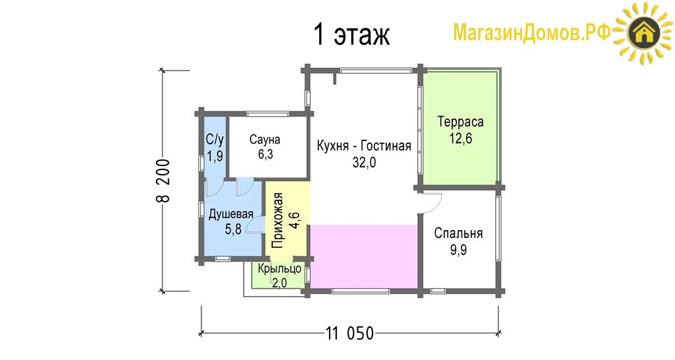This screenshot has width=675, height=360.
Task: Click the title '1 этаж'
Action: pos(352,34)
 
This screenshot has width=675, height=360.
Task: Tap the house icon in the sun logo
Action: pos(644,33)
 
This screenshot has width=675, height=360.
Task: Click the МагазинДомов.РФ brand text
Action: pos(532,33)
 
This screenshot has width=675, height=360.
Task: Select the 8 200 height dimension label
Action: pos(163,181)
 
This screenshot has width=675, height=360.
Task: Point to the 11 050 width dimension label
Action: pos(350,334)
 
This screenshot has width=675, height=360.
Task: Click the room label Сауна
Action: pos(265,140)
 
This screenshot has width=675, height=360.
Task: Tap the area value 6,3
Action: pos(266,154)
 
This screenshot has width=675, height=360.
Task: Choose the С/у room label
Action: pos(215,140)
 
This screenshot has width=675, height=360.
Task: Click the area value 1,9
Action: pos(215,156)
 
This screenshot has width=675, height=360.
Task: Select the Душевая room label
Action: pos(231,214)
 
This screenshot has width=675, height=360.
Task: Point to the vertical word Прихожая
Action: pos(278,220)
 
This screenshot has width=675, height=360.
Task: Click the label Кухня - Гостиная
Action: pos(364,146)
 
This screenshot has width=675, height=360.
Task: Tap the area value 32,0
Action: pos(364,162)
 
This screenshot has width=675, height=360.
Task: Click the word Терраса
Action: pos(460,122)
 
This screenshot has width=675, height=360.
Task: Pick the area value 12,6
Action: pos(461,138)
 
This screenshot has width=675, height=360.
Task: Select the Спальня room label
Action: pos(459,233)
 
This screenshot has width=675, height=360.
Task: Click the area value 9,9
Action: pos(459,250)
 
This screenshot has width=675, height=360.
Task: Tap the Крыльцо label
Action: pos(279,269)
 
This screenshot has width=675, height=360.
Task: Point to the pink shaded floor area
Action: pos(364,256)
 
